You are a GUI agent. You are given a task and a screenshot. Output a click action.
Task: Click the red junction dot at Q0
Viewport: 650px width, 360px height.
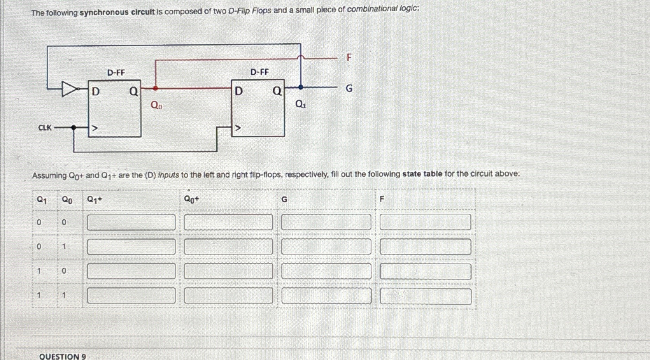[x=156, y=88]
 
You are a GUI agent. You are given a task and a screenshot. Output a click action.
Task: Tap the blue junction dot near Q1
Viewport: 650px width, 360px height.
[x=300, y=88]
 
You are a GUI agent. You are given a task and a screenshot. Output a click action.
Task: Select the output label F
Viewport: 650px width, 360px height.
[x=349, y=58]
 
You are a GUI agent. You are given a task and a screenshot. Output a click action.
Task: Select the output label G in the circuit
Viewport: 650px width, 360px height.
[x=349, y=89]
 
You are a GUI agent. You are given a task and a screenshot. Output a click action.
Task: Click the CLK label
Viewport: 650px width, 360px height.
[x=45, y=128]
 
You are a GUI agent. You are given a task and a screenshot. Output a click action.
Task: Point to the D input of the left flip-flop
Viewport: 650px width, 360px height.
[x=95, y=91]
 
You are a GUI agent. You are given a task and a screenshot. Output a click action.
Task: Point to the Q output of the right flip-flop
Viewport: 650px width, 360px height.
[x=277, y=91]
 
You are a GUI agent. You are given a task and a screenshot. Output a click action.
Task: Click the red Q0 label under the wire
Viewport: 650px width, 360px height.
[x=156, y=105]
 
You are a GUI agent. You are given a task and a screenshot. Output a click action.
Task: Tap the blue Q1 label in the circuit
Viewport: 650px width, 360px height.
[x=301, y=104]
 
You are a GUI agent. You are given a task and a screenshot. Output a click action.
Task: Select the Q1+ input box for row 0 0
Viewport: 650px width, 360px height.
[x=131, y=223]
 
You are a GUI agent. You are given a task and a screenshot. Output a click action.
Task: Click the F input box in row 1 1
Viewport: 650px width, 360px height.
[x=426, y=297]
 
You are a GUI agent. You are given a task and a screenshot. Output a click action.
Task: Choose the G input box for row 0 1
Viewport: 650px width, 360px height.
[x=326, y=247]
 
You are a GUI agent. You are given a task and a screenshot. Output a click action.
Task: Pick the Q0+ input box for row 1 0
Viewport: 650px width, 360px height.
[x=228, y=271]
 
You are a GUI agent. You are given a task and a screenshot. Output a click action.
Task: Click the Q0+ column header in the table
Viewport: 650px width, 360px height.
[x=191, y=200]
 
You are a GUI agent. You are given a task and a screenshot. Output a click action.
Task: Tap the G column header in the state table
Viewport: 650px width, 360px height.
[x=284, y=200]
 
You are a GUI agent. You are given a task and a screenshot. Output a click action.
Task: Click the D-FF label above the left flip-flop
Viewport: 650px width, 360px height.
[x=116, y=72]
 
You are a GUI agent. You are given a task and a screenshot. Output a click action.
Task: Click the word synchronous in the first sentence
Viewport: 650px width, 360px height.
[x=104, y=12]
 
